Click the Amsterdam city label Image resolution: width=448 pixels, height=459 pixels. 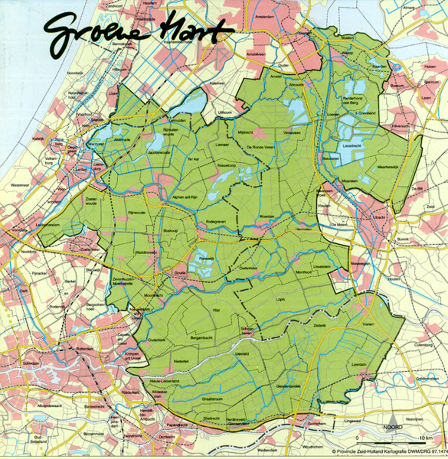pos(264,17)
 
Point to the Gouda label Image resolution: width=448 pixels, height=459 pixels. pos(180,273)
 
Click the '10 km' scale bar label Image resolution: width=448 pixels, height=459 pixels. pos(424,437)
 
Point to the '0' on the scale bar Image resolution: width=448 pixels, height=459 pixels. pos(357,437)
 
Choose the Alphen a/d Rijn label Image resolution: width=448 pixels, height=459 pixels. pos(183,198)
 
